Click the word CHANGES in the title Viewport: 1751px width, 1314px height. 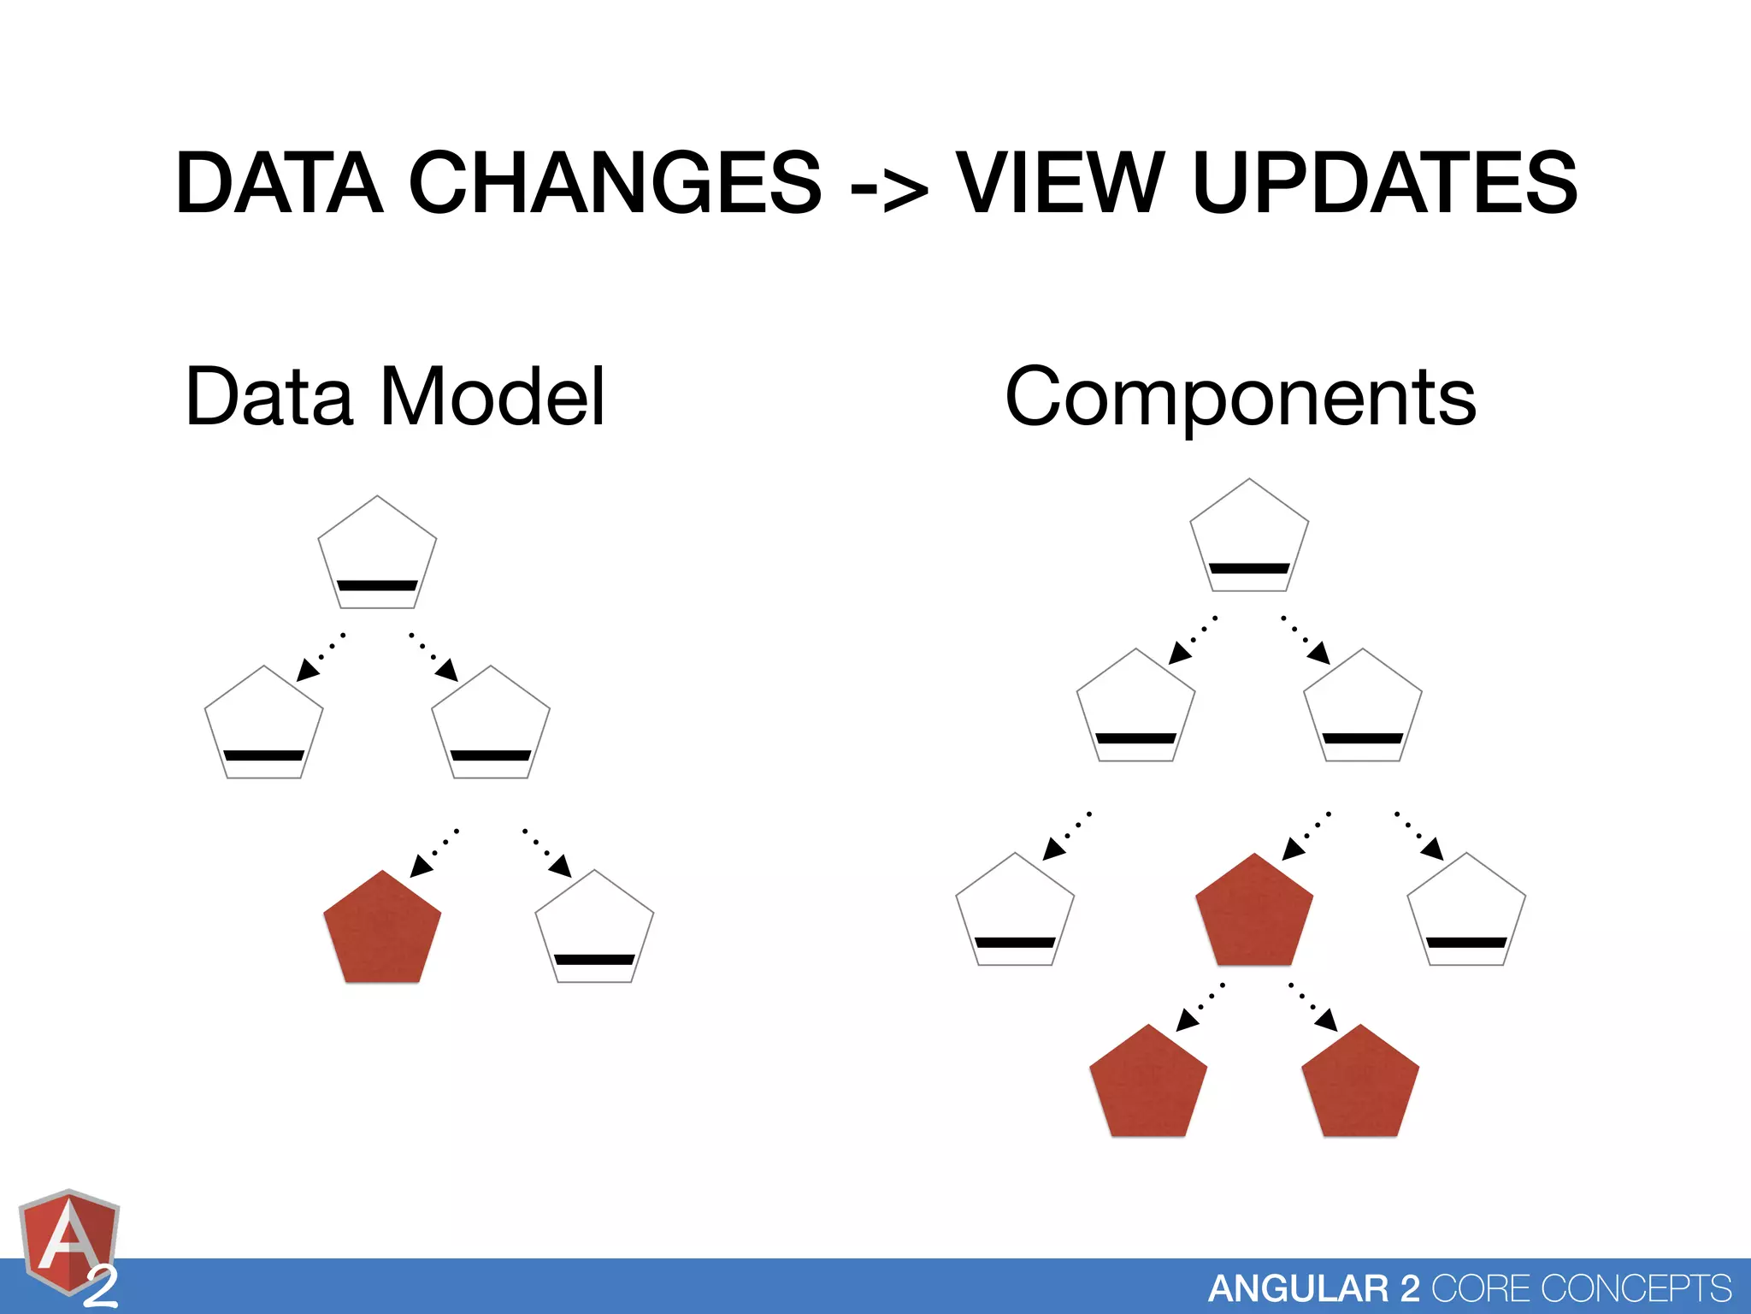click(x=615, y=183)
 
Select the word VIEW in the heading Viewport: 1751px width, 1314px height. click(x=1059, y=183)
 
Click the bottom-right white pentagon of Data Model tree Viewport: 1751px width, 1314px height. click(x=594, y=929)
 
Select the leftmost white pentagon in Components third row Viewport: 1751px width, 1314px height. click(x=1015, y=912)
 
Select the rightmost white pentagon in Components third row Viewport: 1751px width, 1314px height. click(x=1466, y=912)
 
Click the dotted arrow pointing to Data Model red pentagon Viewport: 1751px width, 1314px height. click(x=434, y=853)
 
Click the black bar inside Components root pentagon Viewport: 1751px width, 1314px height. click(x=1249, y=568)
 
